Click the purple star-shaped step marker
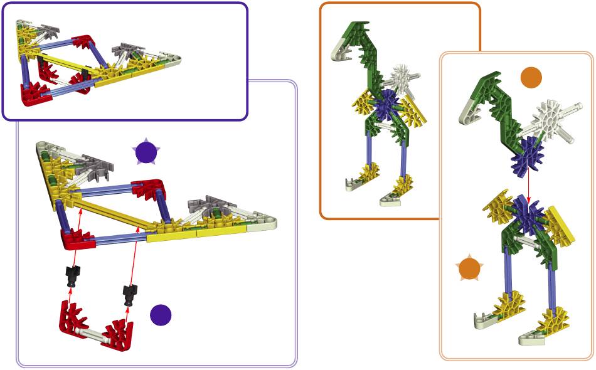pyautogui.click(x=146, y=152)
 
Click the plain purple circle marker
pyautogui.click(x=161, y=315)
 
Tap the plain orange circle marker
pyautogui.click(x=531, y=77)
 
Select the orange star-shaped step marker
pyautogui.click(x=469, y=268)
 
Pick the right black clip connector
pyautogui.click(x=130, y=292)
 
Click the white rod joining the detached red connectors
pyautogui.click(x=95, y=332)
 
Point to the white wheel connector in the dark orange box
pyautogui.click(x=399, y=78)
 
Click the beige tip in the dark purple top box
pyautogui.click(x=172, y=60)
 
